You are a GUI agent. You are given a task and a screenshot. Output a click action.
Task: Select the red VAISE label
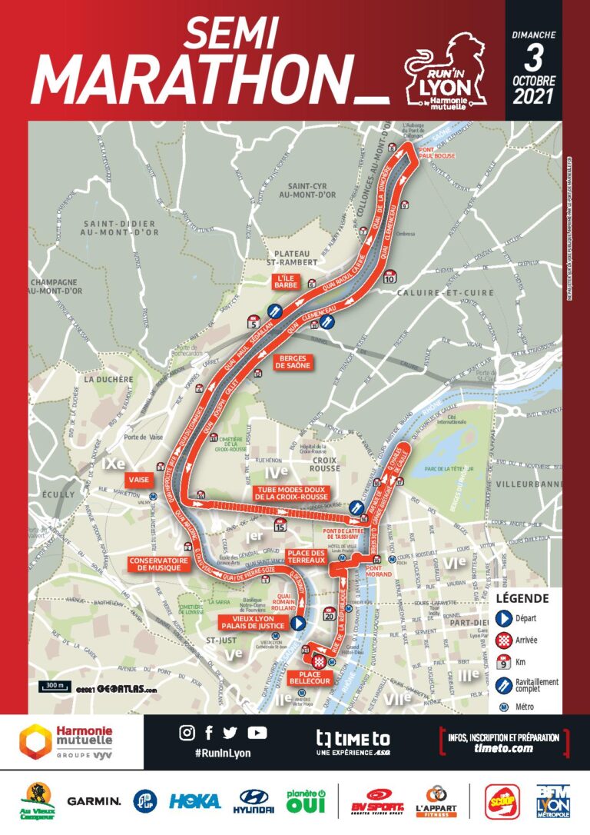tap(139, 477)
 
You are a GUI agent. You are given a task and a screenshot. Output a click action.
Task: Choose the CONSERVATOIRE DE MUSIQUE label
tap(159, 564)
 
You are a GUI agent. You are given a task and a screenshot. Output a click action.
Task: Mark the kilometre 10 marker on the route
tap(389, 277)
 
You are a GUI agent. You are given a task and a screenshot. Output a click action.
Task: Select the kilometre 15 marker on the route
tap(280, 526)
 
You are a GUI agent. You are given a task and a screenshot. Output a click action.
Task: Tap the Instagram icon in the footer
tap(187, 733)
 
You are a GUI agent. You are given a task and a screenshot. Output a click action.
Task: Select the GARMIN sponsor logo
tap(94, 800)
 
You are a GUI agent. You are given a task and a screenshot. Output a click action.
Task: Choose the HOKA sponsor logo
tap(195, 800)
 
